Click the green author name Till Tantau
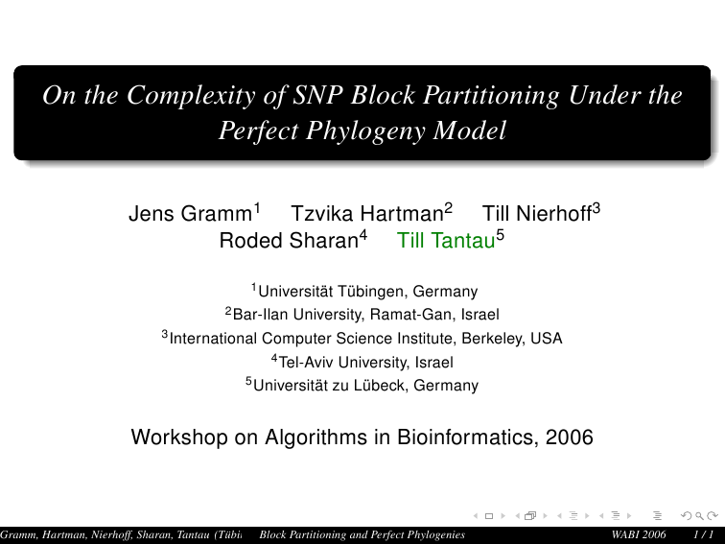(446, 241)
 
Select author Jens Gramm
(190, 214)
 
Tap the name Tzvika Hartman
(367, 214)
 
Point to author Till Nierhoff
(537, 214)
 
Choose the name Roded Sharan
(289, 241)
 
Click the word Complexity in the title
(191, 96)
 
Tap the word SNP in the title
(318, 95)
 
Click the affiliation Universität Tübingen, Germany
(368, 292)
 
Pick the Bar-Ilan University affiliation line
(366, 315)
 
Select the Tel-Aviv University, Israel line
(365, 363)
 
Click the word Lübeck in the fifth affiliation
(381, 386)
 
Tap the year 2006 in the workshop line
(570, 438)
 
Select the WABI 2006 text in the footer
(638, 534)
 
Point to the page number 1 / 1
(703, 534)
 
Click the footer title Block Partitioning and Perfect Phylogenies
(362, 534)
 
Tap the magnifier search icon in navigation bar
(699, 515)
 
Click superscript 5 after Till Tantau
(501, 236)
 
